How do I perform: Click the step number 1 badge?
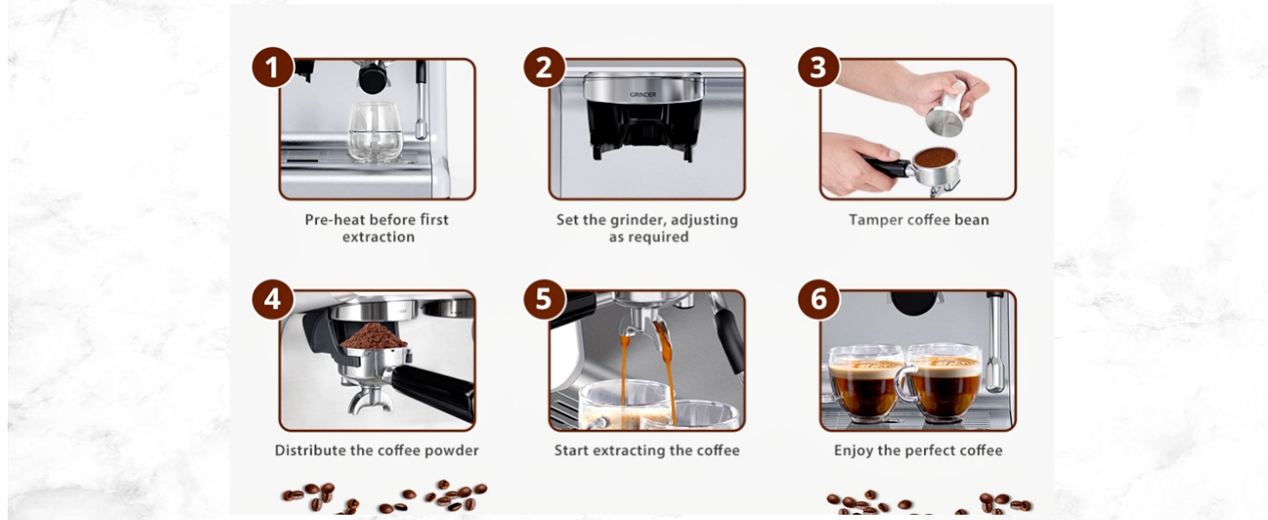[x=273, y=68]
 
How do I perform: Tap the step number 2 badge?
[x=544, y=68]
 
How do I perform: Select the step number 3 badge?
[x=818, y=68]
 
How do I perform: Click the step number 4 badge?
[x=273, y=300]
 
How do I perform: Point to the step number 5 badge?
[x=544, y=300]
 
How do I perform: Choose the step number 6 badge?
[x=818, y=300]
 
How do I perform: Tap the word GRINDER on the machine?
[x=643, y=94]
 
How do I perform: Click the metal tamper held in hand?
[x=944, y=115]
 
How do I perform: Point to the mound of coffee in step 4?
[x=372, y=336]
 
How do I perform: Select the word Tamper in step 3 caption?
[x=875, y=220]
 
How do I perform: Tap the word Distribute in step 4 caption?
[x=311, y=451]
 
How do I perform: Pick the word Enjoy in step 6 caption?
[x=853, y=451]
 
